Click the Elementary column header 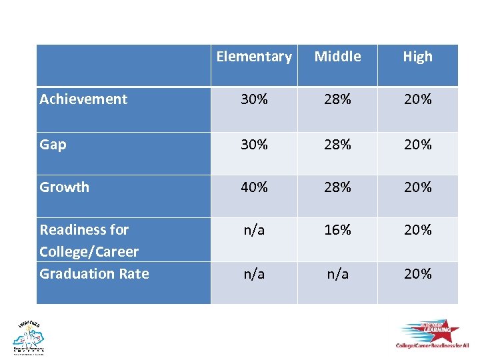(254, 57)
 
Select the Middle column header (337, 57)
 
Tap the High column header (417, 57)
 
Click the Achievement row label (83, 99)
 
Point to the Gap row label (53, 144)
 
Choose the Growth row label (65, 187)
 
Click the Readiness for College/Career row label (89, 241)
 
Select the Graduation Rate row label (95, 273)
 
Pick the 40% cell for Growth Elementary (254, 187)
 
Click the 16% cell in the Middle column (337, 230)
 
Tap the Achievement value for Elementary (254, 99)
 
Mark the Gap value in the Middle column (337, 144)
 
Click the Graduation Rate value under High (417, 273)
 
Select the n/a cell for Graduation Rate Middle (337, 273)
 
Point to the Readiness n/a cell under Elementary (254, 230)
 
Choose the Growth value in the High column (417, 187)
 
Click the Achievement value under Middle (337, 99)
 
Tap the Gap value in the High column (417, 144)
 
